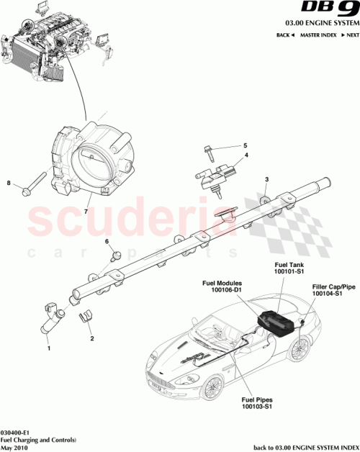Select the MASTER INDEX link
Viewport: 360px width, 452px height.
pos(318,35)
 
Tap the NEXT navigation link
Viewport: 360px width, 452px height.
pos(350,35)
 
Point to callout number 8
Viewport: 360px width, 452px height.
pos(9,183)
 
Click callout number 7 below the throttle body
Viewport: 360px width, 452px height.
pos(85,213)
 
